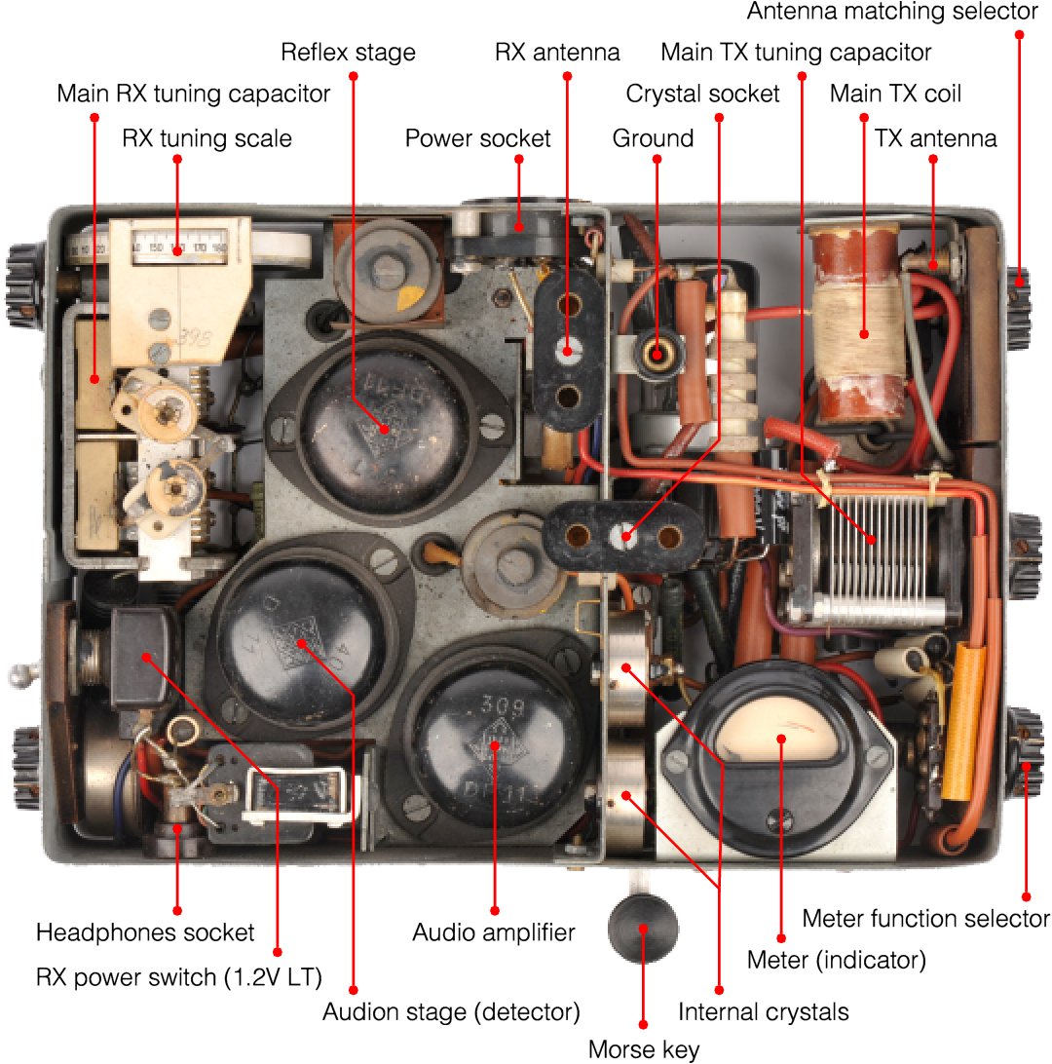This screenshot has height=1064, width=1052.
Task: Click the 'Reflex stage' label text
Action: coord(348,52)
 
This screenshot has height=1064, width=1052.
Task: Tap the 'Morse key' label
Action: coord(643,1049)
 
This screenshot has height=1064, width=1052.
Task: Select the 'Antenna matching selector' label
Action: coord(892,12)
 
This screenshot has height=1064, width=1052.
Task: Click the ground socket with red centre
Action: coord(657,354)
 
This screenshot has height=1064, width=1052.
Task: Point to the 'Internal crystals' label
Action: coord(763,1011)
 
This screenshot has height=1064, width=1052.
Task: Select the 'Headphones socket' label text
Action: coord(145,932)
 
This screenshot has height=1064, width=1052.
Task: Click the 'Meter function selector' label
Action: coord(925,918)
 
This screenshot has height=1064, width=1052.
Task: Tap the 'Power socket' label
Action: coord(477,138)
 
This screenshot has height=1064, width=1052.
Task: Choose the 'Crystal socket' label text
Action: coord(702,94)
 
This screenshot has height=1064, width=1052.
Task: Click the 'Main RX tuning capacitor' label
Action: coord(194,95)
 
